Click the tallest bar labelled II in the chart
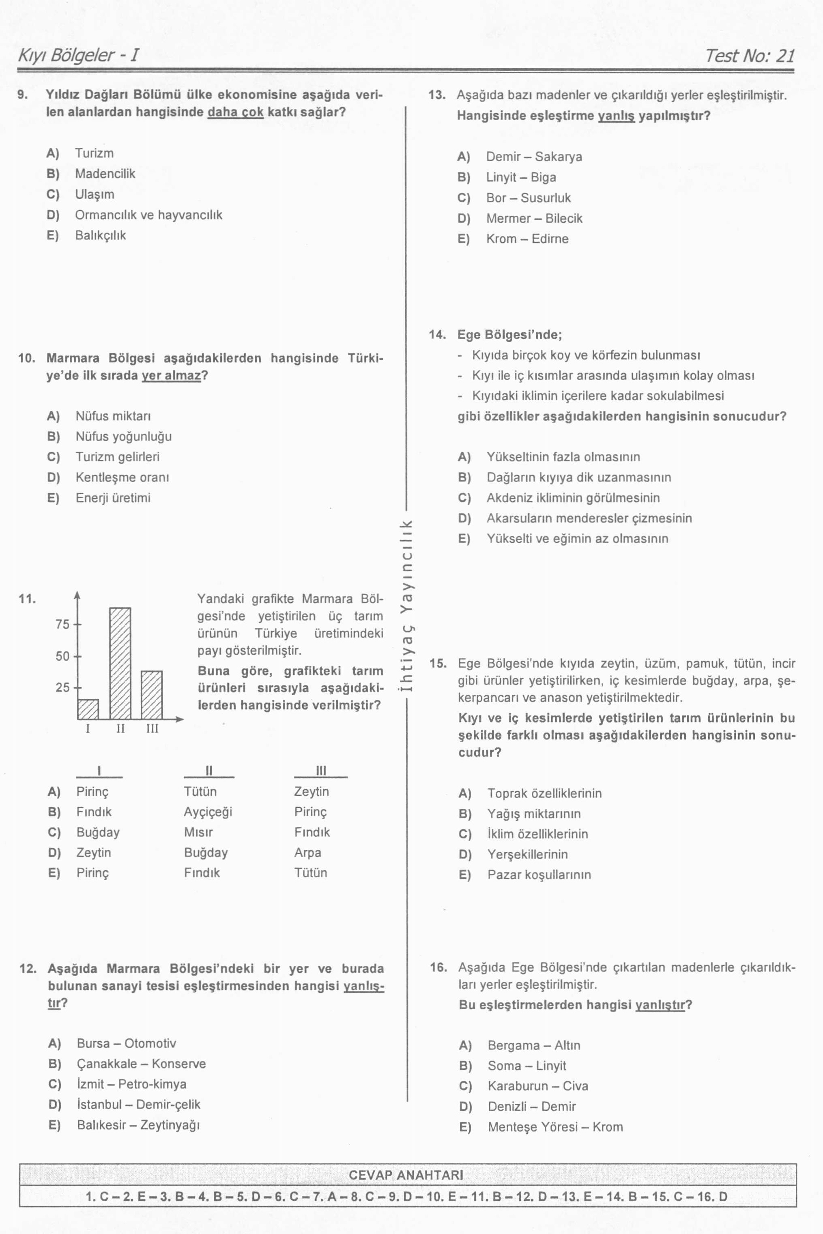coord(120,663)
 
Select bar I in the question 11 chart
coord(88,709)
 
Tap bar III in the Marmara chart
coord(152,694)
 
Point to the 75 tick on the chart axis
coord(62,625)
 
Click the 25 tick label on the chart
coord(62,687)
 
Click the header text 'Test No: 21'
coord(750,56)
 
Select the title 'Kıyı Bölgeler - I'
coord(78,55)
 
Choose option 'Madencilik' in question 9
coord(105,174)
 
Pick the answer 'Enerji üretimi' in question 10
coord(113,498)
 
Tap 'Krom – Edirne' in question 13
coord(527,239)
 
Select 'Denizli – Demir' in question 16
coord(532,1107)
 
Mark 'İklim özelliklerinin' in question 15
coord(537,834)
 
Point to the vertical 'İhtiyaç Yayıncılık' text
coord(407,607)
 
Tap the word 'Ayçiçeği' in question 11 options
coord(208,812)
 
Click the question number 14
coord(437,334)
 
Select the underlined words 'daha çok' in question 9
coord(236,112)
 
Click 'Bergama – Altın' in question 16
coord(534,1045)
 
